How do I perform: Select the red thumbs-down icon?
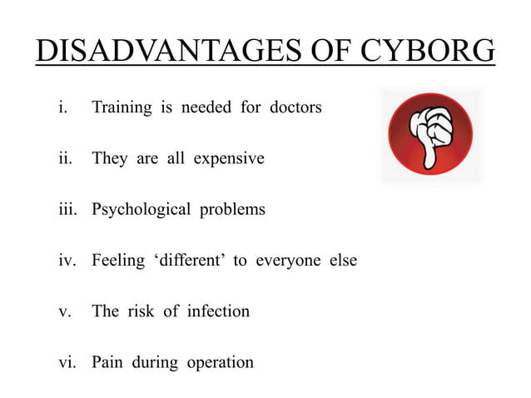coord(431,134)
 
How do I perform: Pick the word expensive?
coord(229,158)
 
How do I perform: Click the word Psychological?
coord(141,209)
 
